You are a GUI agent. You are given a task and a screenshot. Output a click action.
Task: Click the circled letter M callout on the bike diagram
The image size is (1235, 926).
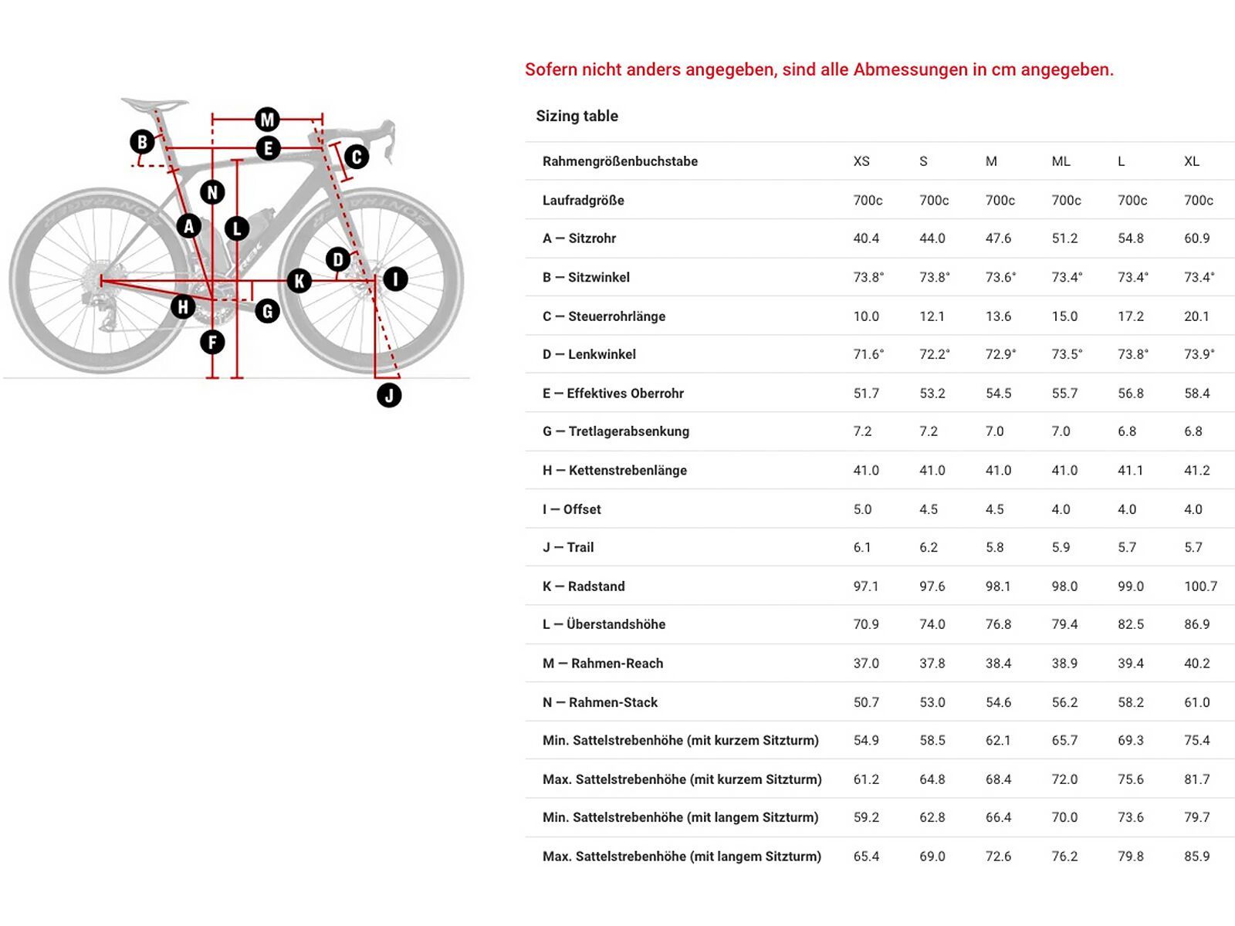tap(267, 120)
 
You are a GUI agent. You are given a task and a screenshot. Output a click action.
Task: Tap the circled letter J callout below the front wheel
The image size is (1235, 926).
tap(389, 396)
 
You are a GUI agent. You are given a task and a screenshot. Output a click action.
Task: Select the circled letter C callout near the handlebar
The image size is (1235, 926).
tap(356, 157)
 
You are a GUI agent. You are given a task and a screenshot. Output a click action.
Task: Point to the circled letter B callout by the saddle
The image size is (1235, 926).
tap(142, 142)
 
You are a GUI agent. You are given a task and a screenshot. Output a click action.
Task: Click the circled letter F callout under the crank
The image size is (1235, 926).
tap(212, 342)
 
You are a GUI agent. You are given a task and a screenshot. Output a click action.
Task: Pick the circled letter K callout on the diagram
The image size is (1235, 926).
tap(299, 281)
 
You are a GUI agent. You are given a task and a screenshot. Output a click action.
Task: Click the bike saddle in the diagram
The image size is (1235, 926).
tap(154, 103)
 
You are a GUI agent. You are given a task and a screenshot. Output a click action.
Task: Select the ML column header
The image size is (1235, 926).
tap(1061, 161)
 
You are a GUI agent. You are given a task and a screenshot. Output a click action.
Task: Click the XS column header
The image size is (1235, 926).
tap(861, 161)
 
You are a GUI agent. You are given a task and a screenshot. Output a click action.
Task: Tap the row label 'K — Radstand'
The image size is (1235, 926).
tap(584, 586)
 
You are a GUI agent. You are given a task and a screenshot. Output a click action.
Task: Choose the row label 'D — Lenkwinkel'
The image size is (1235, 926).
tap(589, 354)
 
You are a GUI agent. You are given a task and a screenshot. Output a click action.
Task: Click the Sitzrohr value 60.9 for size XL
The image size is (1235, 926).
tap(1196, 238)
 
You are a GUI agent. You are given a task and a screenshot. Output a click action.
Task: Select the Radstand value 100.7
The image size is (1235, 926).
tap(1200, 586)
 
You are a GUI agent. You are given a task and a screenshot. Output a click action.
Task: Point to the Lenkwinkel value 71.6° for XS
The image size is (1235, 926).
tap(868, 354)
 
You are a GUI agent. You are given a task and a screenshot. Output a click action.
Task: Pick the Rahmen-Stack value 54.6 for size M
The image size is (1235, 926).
tap(998, 702)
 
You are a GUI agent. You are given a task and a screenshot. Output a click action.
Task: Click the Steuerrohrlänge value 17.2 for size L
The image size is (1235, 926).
tap(1131, 316)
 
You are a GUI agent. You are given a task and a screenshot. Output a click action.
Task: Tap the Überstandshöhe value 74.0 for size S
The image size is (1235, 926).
tap(932, 624)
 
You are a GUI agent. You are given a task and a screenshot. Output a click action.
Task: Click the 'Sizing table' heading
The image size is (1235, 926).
tap(577, 116)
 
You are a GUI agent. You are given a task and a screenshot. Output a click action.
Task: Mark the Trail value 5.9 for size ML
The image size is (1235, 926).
tap(1061, 547)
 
